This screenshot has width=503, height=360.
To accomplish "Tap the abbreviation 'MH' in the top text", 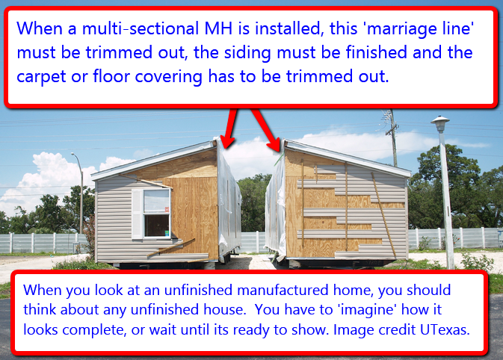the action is [x=218, y=28].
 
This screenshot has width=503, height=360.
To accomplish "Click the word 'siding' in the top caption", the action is [x=247, y=53].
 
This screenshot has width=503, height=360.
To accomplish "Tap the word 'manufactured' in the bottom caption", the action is [x=283, y=291].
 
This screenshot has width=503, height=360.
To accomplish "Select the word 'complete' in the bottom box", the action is [x=93, y=330].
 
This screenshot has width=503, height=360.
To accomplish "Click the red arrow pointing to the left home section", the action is [x=230, y=128].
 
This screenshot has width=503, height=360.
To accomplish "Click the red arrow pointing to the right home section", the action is [x=266, y=129].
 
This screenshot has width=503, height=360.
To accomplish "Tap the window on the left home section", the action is [x=156, y=213].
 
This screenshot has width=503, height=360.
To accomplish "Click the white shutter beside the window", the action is [x=137, y=214].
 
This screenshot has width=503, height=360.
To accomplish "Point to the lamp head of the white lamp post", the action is [x=439, y=123].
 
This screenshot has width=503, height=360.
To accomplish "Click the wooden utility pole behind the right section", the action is [x=392, y=138].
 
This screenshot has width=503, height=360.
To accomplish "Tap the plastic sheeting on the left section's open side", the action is [x=228, y=199].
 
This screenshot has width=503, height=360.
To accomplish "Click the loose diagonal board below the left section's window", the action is [x=171, y=247].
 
